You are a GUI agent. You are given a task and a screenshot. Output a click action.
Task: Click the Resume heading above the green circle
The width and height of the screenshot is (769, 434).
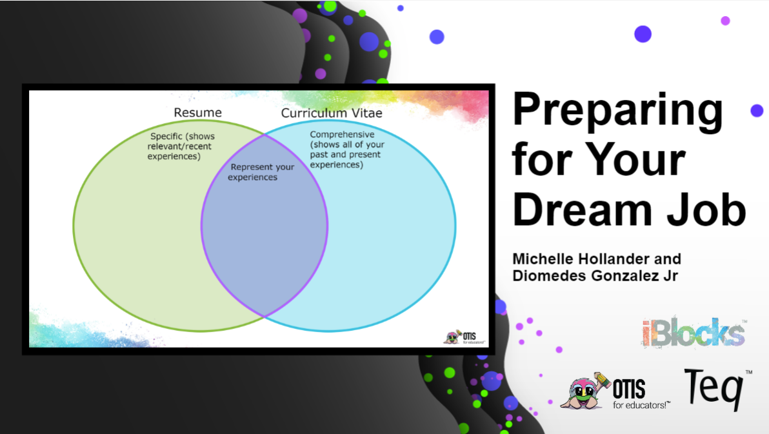tap(197, 113)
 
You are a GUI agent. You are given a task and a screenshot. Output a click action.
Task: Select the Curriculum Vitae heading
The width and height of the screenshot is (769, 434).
tap(332, 113)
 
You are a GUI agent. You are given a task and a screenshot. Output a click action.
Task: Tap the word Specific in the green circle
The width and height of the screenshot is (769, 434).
tap(166, 136)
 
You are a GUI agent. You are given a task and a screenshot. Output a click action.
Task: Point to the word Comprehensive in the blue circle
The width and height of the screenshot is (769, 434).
tap(342, 134)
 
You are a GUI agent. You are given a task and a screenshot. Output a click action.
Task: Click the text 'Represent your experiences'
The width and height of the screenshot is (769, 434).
tap(261, 172)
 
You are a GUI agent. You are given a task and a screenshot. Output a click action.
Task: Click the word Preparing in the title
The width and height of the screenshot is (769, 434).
tap(617, 112)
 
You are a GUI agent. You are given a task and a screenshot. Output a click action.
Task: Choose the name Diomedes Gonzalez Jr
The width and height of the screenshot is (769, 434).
tap(595, 275)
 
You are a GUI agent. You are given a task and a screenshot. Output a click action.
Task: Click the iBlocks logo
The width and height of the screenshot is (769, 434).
tap(694, 333)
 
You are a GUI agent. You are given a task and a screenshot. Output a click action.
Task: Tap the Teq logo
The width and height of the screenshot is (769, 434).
tap(717, 389)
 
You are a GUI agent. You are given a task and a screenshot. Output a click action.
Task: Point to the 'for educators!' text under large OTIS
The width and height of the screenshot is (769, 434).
tap(641, 405)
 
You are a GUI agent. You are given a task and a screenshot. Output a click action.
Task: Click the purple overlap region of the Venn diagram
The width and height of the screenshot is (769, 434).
tap(265, 230)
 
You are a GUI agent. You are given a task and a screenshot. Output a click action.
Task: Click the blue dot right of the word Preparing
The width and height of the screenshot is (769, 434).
tap(757, 111)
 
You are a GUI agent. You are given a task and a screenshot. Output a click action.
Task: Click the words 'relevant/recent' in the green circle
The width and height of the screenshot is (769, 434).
tap(179, 146)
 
